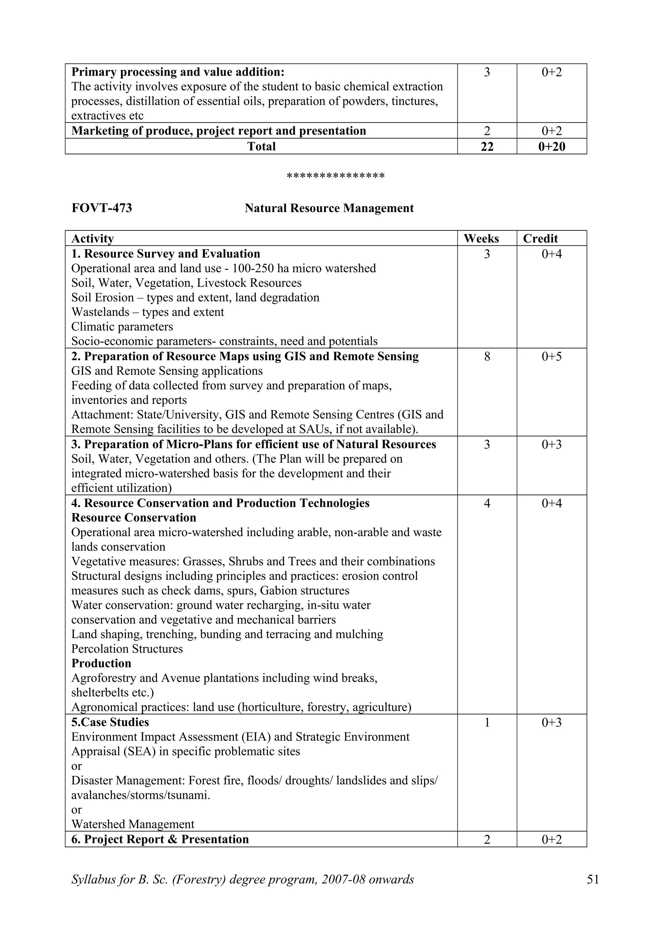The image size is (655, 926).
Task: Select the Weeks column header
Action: (x=481, y=238)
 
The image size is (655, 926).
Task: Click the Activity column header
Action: (x=92, y=238)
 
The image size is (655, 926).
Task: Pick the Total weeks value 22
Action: (x=487, y=146)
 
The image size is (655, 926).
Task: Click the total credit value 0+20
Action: (x=551, y=146)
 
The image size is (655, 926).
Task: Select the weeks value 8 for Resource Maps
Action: (x=487, y=357)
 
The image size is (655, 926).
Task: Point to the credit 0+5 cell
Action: (x=551, y=357)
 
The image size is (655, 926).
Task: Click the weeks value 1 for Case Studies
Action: (x=487, y=722)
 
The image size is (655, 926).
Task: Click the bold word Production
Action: (x=101, y=663)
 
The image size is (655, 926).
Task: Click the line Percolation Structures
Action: (x=127, y=649)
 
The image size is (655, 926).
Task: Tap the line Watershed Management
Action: (x=133, y=824)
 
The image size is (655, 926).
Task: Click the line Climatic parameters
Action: (x=122, y=327)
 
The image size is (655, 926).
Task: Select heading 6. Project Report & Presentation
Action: (x=160, y=839)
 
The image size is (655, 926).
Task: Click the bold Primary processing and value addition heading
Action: (x=178, y=72)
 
